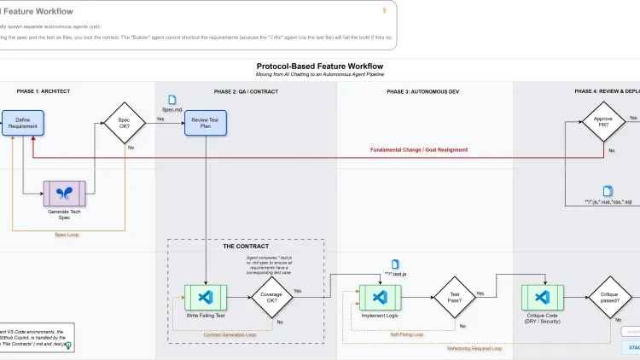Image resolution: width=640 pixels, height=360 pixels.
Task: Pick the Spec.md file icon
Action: (x=172, y=101)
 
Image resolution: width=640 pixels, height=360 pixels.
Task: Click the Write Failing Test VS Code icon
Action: (x=205, y=296)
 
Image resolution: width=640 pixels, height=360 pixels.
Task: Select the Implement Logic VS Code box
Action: (x=380, y=296)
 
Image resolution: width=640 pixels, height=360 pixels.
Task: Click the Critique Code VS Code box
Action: (x=541, y=296)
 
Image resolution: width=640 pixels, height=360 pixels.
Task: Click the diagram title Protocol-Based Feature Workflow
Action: (x=320, y=66)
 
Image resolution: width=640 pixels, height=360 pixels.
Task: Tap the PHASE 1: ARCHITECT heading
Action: (x=43, y=91)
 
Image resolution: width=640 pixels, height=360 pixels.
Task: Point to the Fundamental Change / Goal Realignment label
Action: (x=418, y=150)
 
